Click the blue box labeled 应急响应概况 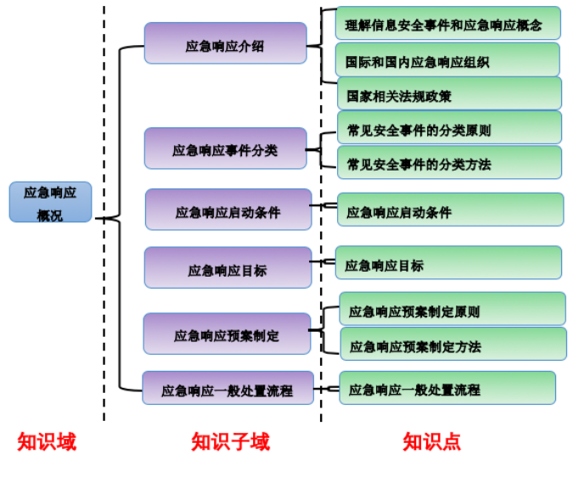point(50,202)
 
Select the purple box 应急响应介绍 point(225,43)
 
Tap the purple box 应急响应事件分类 point(225,149)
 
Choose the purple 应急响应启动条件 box point(228,210)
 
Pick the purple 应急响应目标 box point(228,268)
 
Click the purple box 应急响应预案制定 point(227,334)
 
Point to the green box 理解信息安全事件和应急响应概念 point(448,24)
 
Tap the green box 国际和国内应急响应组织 point(448,60)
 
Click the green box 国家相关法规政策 point(449,94)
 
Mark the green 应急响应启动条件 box point(450,210)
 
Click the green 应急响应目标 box point(448,263)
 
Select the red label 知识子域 point(231,441)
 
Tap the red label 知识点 point(432,441)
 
